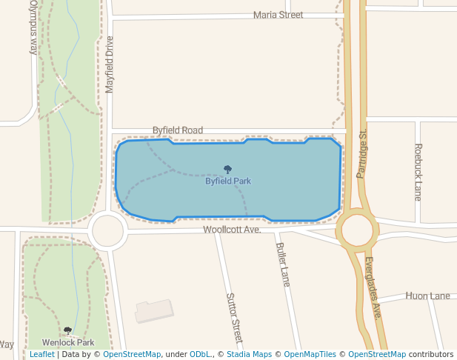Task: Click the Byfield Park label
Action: tap(228, 181)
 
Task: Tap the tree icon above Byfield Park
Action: tap(227, 170)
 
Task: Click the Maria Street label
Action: tap(278, 15)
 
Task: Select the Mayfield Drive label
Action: tap(110, 64)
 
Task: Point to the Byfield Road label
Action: tap(178, 130)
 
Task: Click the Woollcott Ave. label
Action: tap(233, 230)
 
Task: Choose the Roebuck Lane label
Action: tap(418, 172)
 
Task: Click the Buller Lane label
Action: tap(282, 264)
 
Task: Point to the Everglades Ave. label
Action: tap(373, 287)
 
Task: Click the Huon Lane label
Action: tap(427, 296)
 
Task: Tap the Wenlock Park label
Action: tap(68, 343)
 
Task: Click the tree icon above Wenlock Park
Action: tap(68, 331)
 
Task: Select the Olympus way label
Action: tap(33, 27)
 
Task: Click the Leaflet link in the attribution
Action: tap(41, 355)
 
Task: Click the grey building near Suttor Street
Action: tap(154, 310)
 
